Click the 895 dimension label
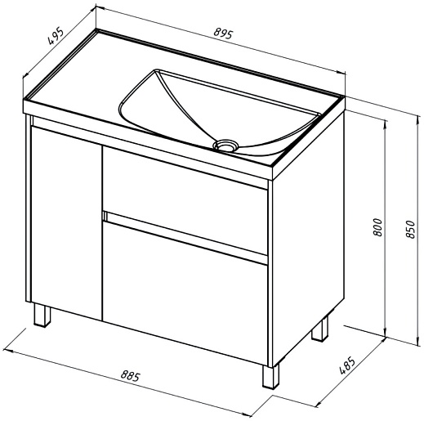coord(223,34)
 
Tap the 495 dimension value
coord(56,35)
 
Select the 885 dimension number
coord(131,375)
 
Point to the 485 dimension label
coord(347,365)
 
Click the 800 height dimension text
coord(378,227)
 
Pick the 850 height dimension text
coord(410,229)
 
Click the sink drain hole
coord(225,145)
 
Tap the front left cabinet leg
coord(42,316)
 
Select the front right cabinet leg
coord(270,376)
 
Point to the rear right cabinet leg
coord(320,329)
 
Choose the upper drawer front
coord(185,200)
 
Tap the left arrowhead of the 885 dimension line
coord(7,350)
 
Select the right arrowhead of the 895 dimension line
coord(341,73)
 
